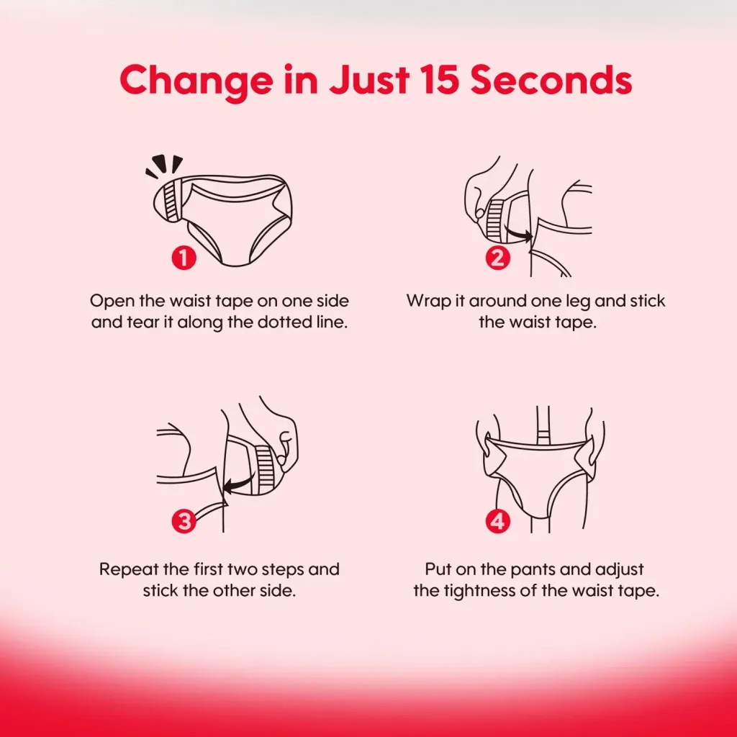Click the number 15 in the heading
pyautogui.click(x=439, y=80)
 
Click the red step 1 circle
pyautogui.click(x=184, y=258)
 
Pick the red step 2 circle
pyautogui.click(x=498, y=258)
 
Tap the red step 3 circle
pyautogui.click(x=184, y=521)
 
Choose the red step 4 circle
pyautogui.click(x=498, y=521)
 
